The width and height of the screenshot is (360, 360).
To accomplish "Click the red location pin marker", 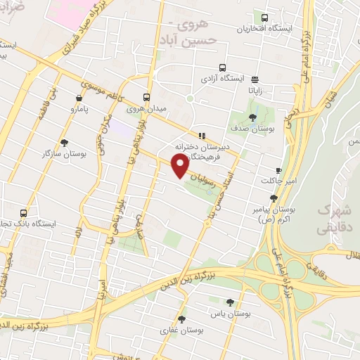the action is point(180,165).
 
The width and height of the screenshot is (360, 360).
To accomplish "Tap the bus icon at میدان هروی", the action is point(146,98).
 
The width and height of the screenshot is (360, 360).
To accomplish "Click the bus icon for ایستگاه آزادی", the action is point(222,68).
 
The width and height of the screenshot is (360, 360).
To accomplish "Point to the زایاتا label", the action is point(254,91).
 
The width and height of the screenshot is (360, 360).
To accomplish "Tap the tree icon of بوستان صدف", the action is point(252,117).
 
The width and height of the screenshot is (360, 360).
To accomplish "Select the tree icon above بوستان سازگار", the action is point(64,142).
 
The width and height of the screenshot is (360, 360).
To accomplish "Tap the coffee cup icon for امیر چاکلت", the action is point(278,170).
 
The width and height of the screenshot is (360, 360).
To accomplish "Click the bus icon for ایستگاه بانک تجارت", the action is point(25,212).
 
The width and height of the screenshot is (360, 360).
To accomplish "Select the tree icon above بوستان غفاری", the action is point(181,319).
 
